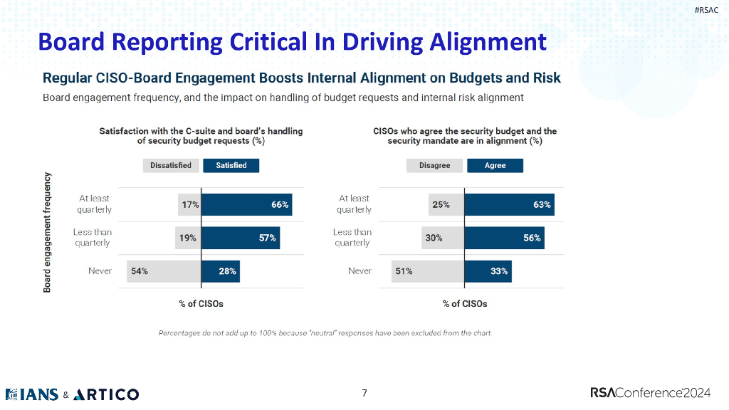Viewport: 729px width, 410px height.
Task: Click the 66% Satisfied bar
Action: pos(246,205)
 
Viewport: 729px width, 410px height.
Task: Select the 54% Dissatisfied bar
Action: pos(164,271)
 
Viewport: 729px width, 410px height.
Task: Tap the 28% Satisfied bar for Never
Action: pos(220,271)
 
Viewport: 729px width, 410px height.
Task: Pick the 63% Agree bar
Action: pos(509,205)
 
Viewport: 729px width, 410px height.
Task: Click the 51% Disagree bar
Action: pos(427,271)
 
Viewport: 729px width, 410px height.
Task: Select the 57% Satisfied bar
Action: pos(241,238)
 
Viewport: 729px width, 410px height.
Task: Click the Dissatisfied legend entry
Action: pos(171,165)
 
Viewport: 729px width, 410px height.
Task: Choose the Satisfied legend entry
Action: pos(231,165)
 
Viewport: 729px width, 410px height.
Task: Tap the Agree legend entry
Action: pos(495,165)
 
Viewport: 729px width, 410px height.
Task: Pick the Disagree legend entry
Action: pos(434,165)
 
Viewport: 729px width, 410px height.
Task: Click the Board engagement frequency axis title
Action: pos(48,231)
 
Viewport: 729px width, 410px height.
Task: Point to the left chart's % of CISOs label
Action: pos(201,304)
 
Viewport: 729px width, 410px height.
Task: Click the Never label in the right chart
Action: pos(360,271)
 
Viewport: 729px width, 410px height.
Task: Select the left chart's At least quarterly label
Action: pos(95,204)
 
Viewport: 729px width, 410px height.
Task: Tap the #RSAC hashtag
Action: pos(706,9)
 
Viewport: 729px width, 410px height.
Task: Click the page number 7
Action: pos(364,393)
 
